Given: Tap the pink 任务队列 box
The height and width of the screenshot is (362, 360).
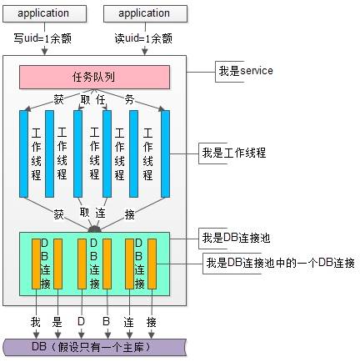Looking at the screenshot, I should coord(94,77).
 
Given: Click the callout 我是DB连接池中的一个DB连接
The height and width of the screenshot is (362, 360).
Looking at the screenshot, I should coord(279,263).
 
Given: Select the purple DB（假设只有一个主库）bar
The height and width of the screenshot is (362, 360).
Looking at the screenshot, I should coord(93,346).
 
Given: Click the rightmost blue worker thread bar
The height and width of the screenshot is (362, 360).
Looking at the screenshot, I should coord(165,154).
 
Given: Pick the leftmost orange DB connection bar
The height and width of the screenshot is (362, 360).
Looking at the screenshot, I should coord(36,263).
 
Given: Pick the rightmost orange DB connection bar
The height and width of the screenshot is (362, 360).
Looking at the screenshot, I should coord(152,263).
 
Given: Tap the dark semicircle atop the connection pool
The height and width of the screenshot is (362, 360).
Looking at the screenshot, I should coord(94,228).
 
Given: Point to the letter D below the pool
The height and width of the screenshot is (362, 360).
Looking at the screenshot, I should coord(82,321).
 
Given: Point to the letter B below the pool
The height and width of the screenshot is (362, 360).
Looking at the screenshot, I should coord(106,321).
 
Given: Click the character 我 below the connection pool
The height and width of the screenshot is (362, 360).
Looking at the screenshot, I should coord(35,321).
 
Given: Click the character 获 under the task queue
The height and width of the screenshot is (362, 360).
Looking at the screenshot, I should coord(59,98).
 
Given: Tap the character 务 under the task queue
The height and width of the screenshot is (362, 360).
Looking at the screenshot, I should coord(129,98).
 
